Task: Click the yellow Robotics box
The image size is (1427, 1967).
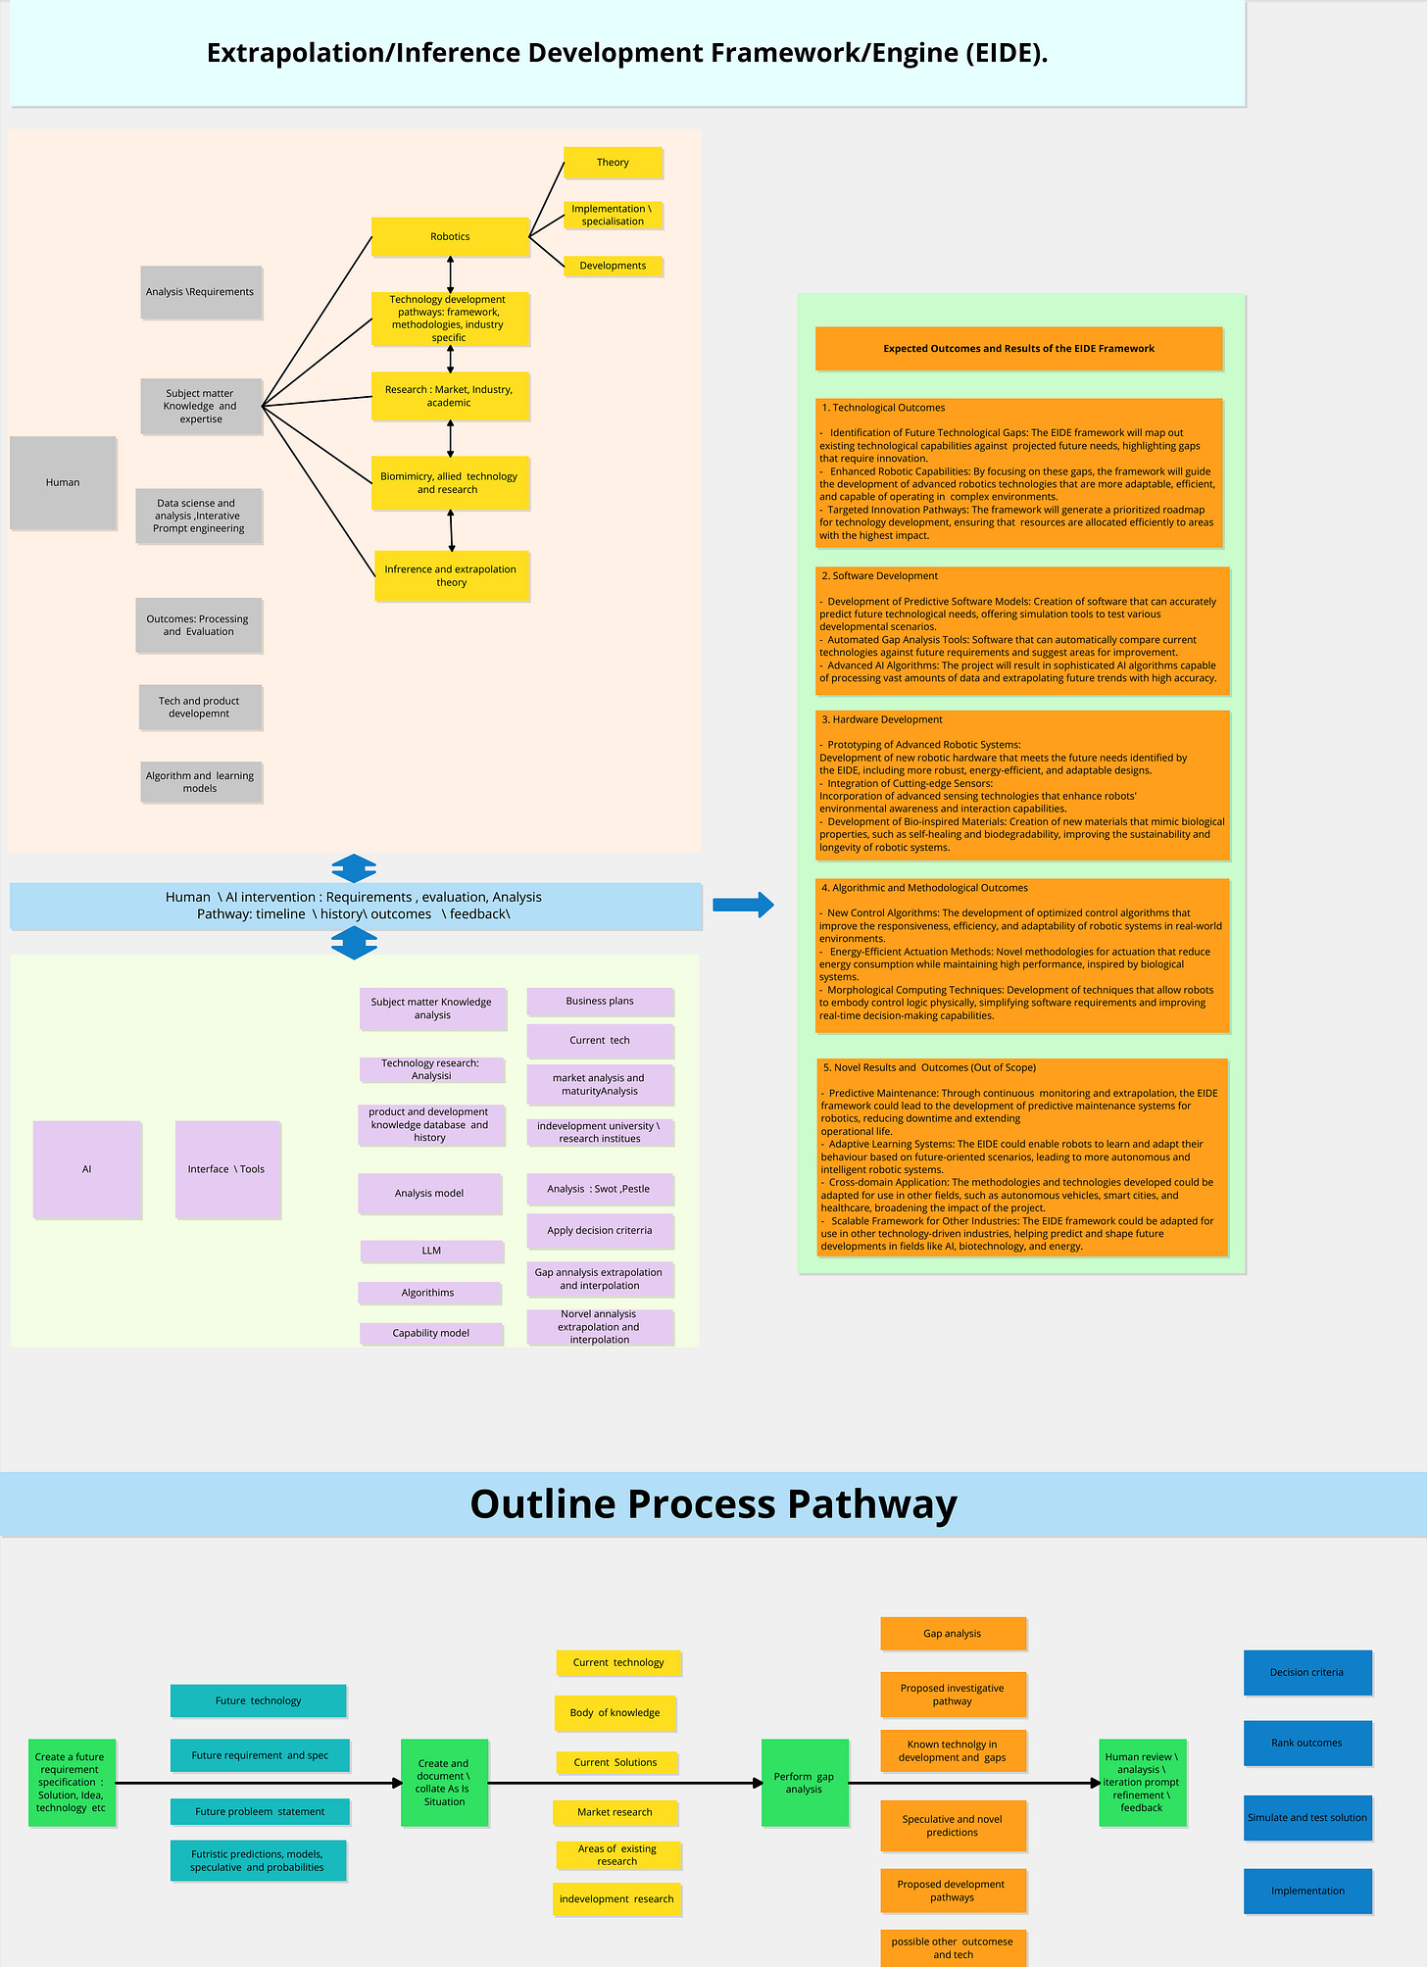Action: pyautogui.click(x=450, y=237)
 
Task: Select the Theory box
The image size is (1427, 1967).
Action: pyautogui.click(x=613, y=163)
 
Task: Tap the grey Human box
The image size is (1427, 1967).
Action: pyautogui.click(x=63, y=482)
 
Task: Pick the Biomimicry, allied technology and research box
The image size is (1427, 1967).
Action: pyautogui.click(x=450, y=482)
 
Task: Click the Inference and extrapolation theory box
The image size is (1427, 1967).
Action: pyautogui.click(x=451, y=575)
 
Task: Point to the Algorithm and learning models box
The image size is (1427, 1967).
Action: pyautogui.click(x=200, y=782)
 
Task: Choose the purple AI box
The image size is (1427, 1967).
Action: pyautogui.click(x=87, y=1169)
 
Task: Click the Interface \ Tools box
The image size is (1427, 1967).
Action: pyautogui.click(x=226, y=1169)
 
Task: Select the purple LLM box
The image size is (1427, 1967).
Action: pyautogui.click(x=431, y=1251)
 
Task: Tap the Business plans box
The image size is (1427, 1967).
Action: pyautogui.click(x=600, y=1001)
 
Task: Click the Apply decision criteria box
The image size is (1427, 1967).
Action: pyautogui.click(x=600, y=1230)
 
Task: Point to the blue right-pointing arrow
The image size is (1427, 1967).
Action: pyautogui.click(x=743, y=905)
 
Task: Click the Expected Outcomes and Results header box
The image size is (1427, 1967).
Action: pyautogui.click(x=1018, y=349)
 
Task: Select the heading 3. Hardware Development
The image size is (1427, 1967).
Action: pyautogui.click(x=882, y=719)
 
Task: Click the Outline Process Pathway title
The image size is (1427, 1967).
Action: pyautogui.click(x=713, y=1504)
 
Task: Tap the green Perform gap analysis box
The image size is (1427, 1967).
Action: pyautogui.click(x=804, y=1783)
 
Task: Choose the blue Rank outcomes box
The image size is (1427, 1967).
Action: pyautogui.click(x=1306, y=1743)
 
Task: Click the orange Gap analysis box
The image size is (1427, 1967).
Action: pyautogui.click(x=953, y=1634)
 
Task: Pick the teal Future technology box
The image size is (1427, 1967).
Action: pyautogui.click(x=258, y=1700)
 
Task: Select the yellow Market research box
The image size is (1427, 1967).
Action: pyautogui.click(x=615, y=1812)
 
